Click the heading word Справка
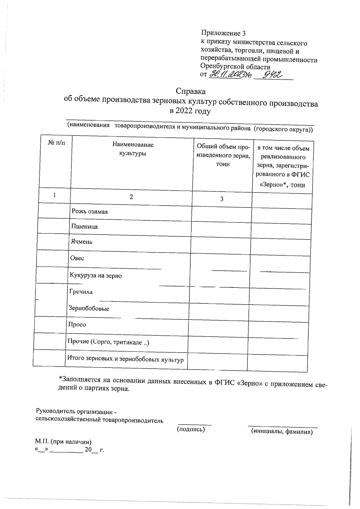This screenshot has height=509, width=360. [190, 91]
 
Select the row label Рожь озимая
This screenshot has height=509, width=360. [89, 212]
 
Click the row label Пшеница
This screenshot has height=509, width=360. [84, 227]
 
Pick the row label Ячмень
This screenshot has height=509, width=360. [81, 242]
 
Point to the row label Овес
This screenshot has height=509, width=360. [77, 258]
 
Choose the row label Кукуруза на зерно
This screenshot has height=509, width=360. [96, 275]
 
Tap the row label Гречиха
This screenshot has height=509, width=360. [81, 292]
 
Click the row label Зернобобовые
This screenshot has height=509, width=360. [89, 308]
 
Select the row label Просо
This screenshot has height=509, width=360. [77, 325]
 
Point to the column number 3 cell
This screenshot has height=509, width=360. [222, 199]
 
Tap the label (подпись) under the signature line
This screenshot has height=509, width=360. [191, 430]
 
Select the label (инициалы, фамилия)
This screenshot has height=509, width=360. [282, 432]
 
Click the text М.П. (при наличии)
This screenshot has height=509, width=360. [63, 442]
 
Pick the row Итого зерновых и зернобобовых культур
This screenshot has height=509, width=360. [125, 359]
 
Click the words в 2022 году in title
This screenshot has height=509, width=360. [190, 112]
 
